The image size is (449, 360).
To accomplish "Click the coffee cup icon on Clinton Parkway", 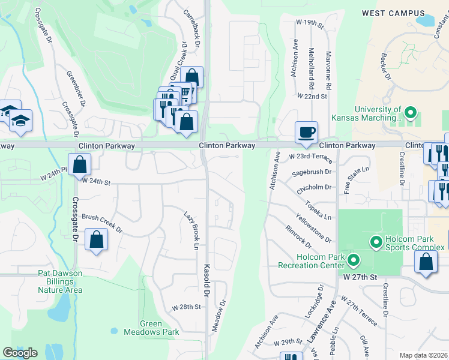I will (x=306, y=132).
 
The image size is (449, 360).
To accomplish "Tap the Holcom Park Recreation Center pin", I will (x=354, y=260).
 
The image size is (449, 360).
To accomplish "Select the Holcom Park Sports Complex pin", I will (x=376, y=242).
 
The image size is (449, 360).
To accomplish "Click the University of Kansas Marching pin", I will (x=411, y=112).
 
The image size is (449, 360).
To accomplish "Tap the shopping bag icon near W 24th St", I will (x=79, y=164).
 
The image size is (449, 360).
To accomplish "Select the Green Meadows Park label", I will (x=143, y=328).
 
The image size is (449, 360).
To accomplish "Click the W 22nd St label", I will (x=312, y=96).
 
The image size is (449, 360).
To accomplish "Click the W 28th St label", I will (x=185, y=307).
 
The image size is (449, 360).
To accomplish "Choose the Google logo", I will (x=20, y=352).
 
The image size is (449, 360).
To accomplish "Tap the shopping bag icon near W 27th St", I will (x=426, y=262).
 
